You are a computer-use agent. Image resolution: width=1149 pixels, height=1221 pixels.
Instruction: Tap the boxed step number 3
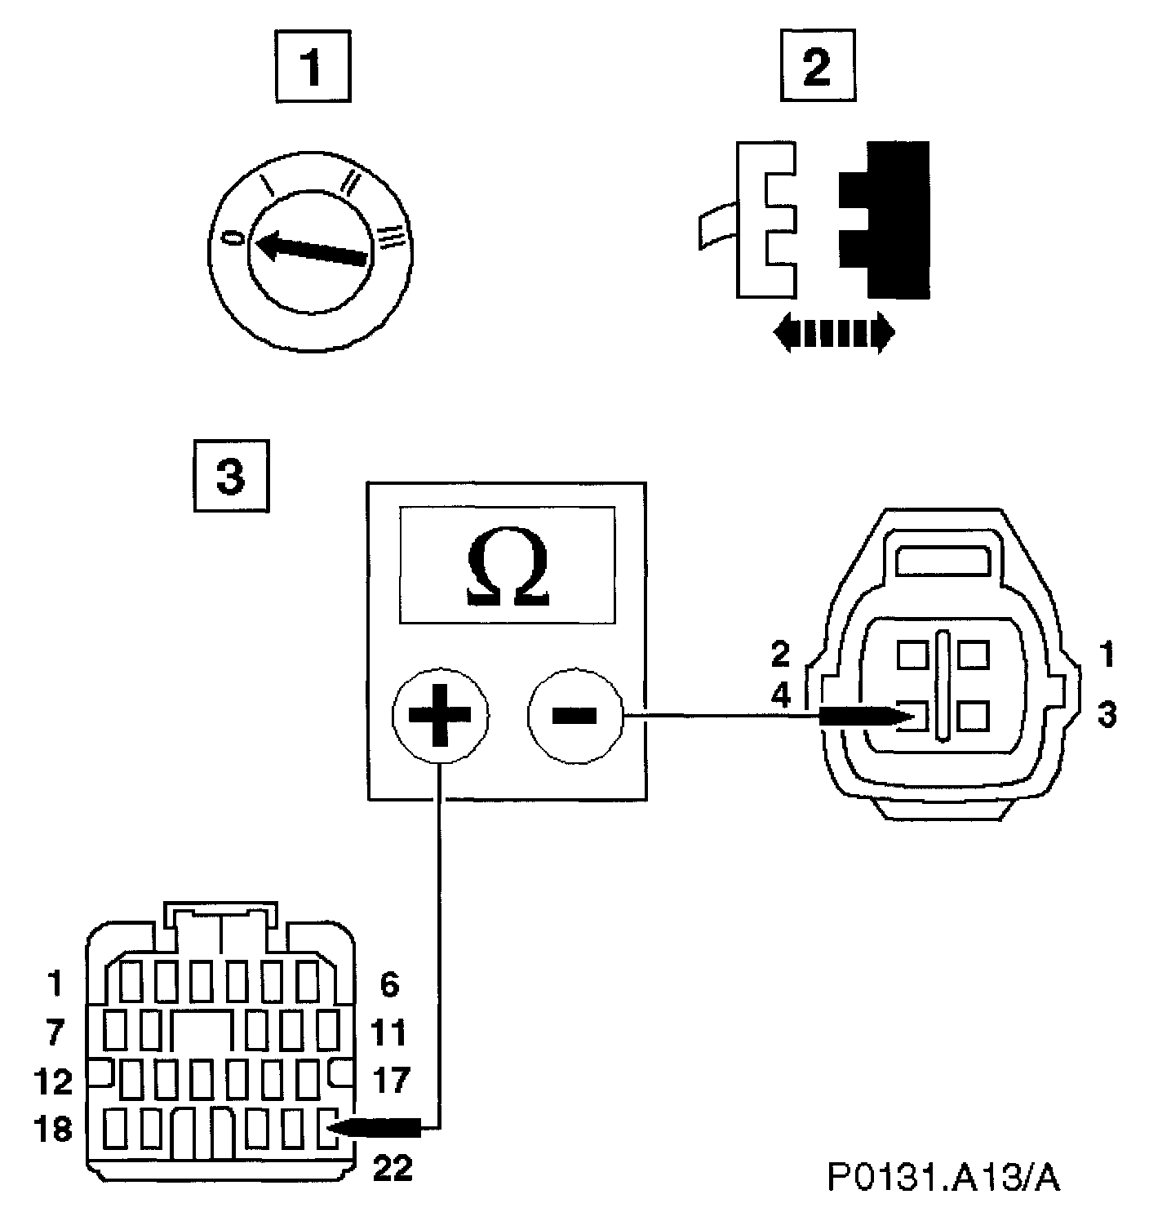pos(230,476)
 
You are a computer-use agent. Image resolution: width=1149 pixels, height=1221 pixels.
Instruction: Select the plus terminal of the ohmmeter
pos(440,715)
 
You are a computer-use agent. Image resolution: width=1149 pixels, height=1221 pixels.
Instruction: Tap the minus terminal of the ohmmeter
pos(574,715)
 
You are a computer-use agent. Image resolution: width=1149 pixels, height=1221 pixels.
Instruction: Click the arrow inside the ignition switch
pos(310,248)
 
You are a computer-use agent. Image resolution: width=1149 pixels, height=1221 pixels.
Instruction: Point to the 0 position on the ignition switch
pos(234,238)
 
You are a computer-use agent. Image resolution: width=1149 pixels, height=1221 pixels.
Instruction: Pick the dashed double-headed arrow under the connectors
pos(833,334)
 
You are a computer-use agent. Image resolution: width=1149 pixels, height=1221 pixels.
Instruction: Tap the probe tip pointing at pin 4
pos(865,716)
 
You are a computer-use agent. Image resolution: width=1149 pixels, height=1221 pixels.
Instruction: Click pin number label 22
pos(393,1170)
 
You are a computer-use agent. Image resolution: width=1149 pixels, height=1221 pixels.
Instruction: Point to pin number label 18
pos(53,1130)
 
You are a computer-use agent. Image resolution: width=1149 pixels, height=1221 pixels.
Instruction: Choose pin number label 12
pos(53,1082)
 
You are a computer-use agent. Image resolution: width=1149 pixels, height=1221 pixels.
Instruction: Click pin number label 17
pos(390,1081)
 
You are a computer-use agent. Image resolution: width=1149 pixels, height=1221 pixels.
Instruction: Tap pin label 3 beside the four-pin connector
pos(1106,715)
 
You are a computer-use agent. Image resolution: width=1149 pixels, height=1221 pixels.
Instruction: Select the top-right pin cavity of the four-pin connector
pos(974,655)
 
